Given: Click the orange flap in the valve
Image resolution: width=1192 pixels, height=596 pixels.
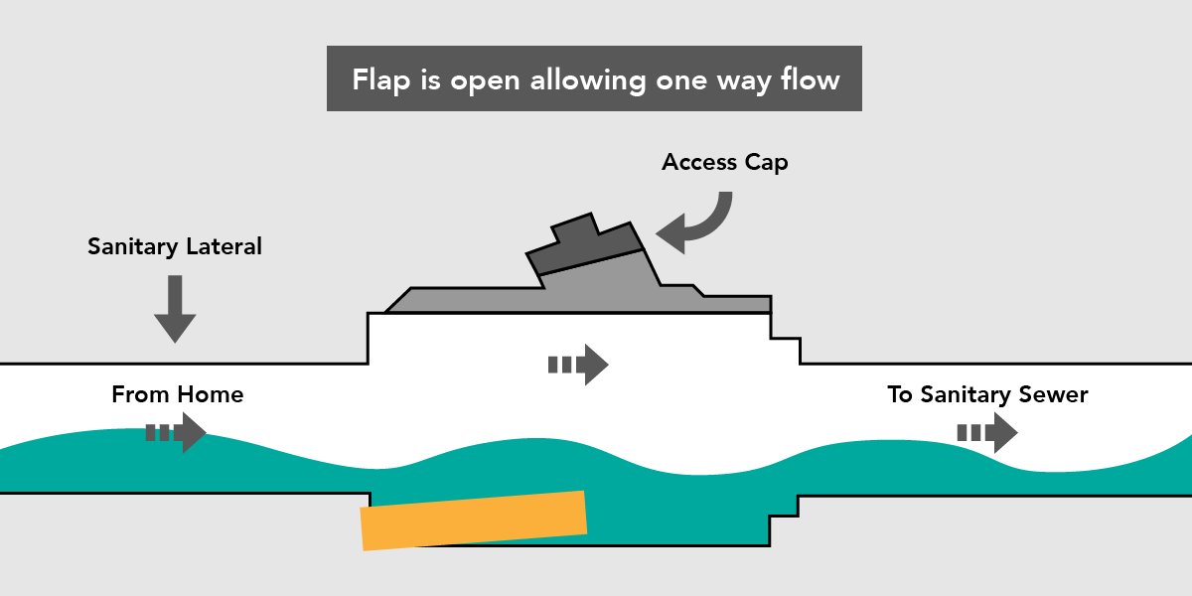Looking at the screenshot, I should click(474, 520).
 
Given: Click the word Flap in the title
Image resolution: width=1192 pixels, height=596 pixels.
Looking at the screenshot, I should click(382, 79).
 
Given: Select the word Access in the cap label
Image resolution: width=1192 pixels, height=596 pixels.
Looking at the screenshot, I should click(698, 161).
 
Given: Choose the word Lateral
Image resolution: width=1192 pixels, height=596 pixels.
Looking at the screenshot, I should click(223, 246).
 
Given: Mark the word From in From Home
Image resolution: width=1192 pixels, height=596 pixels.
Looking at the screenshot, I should click(138, 394).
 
